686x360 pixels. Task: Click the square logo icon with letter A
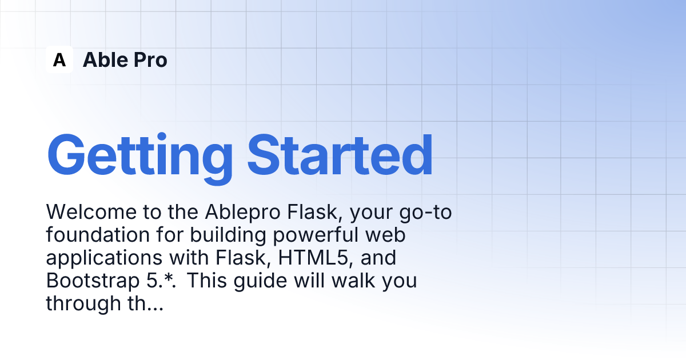click(x=59, y=59)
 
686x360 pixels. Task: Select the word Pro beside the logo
click(x=150, y=59)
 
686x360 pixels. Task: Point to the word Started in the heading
click(x=340, y=155)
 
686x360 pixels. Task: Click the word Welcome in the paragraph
click(x=91, y=211)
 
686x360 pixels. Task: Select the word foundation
click(x=98, y=235)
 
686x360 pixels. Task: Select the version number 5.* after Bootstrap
click(x=161, y=281)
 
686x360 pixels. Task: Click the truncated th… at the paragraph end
click(x=145, y=303)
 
